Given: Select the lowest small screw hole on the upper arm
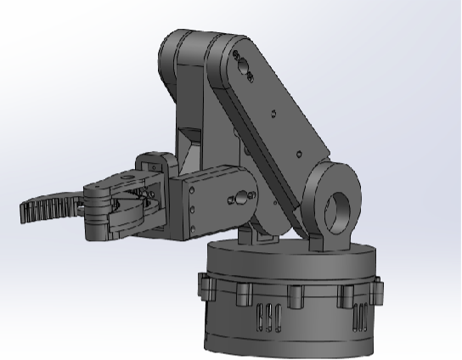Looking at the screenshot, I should pos(298,154).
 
